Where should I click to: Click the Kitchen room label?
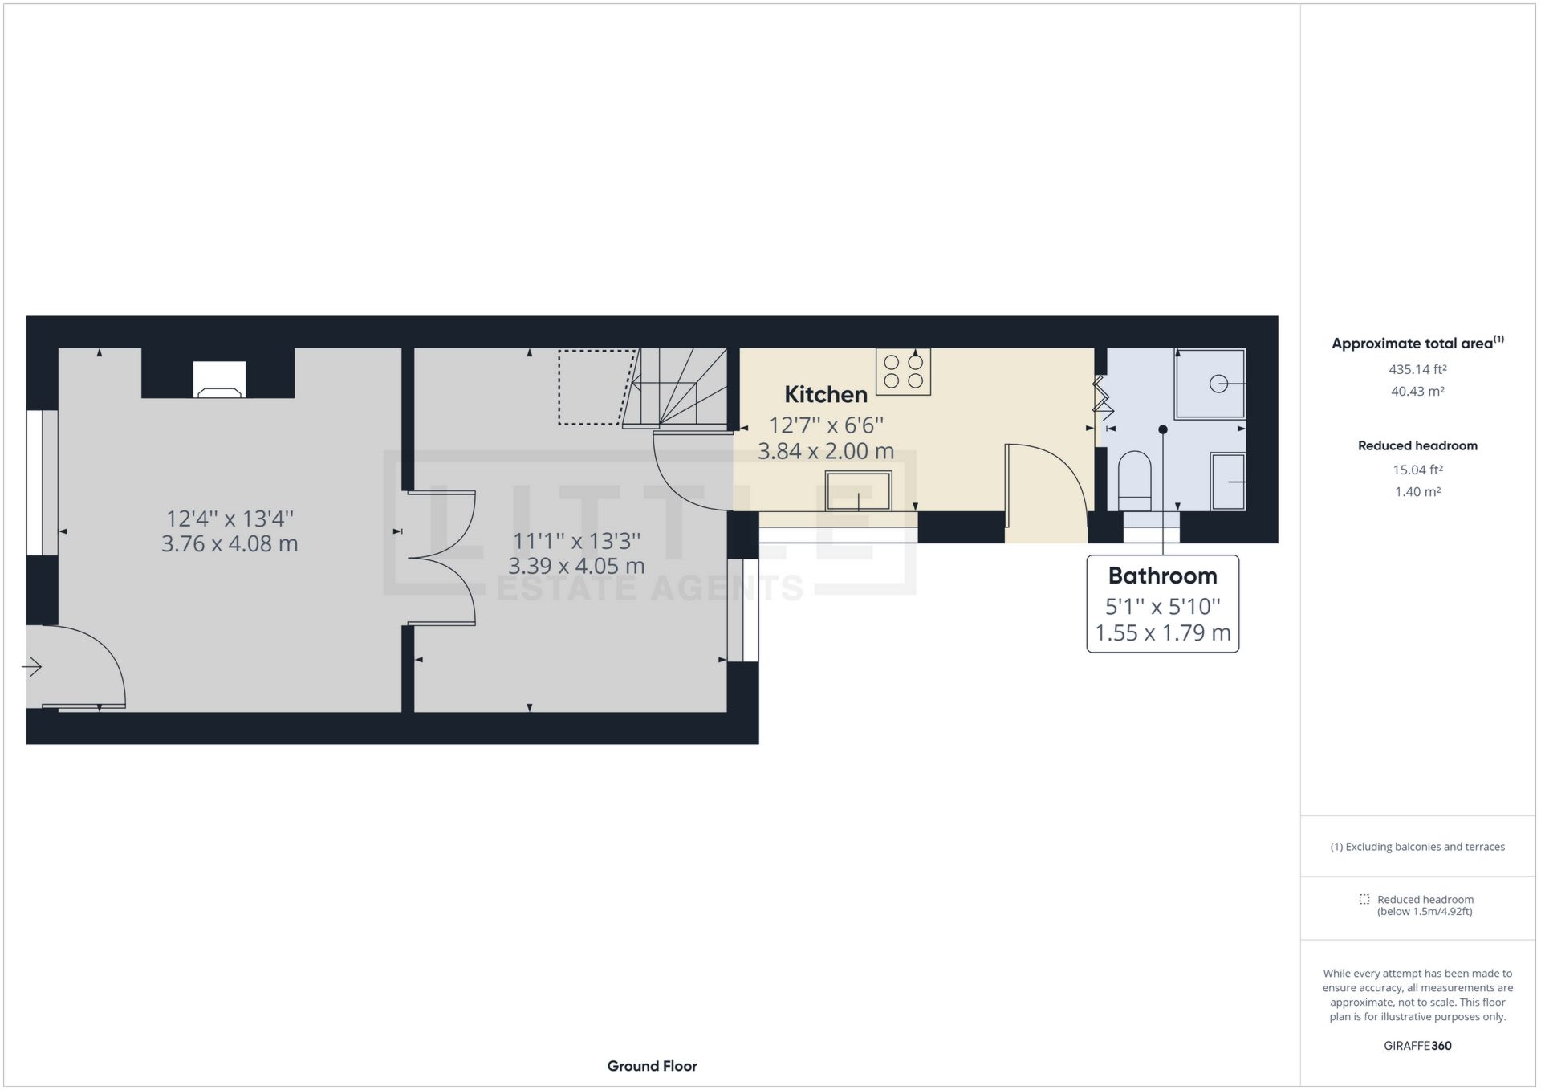coord(825,394)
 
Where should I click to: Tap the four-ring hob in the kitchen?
coord(903,371)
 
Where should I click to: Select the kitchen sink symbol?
coord(858,490)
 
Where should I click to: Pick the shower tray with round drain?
coord(1210,384)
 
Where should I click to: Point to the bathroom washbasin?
coord(1228,482)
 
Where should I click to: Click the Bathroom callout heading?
coord(1162,576)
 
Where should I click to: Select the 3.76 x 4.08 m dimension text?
coord(230,543)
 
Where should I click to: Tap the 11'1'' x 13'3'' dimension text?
coord(576,541)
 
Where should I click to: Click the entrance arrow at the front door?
coord(32,666)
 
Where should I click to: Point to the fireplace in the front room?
coord(219,380)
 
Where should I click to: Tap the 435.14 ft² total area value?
coord(1417,369)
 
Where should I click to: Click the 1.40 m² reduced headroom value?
coord(1417,491)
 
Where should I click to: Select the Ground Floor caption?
coord(652,1066)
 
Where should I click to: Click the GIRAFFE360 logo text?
coord(1417,1046)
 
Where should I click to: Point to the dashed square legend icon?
coord(1364,899)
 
